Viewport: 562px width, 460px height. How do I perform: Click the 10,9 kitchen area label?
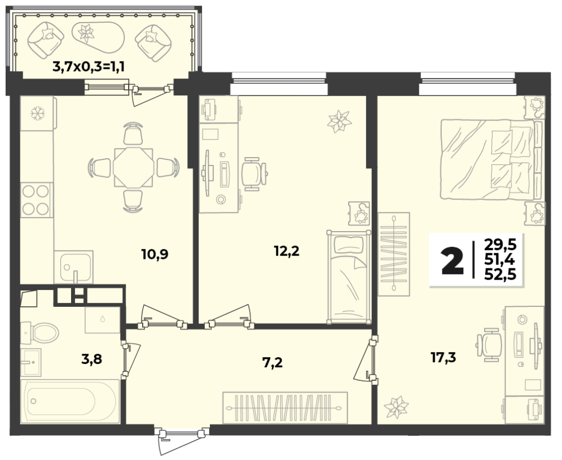tap(155, 254)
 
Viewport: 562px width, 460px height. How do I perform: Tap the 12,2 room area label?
tap(287, 251)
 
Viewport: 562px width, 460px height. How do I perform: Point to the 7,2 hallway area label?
tap(273, 363)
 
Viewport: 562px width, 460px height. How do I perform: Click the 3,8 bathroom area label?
tap(92, 359)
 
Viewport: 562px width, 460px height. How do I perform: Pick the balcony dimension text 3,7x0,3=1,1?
tap(89, 67)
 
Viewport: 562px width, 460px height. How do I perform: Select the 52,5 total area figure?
tap(500, 275)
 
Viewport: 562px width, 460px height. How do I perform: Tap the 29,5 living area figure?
tap(500, 245)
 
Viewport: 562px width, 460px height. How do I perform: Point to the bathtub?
tap(70, 401)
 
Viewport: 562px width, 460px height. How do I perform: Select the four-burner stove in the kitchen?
tap(36, 199)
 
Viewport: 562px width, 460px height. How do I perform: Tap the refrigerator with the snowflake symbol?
tap(38, 114)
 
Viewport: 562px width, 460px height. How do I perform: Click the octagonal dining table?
tap(133, 167)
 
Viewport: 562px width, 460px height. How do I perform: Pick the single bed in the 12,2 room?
tap(349, 277)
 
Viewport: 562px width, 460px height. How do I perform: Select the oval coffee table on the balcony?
tap(99, 36)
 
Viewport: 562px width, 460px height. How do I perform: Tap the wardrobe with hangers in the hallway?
tap(286, 407)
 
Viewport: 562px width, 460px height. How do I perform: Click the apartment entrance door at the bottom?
tap(181, 435)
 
